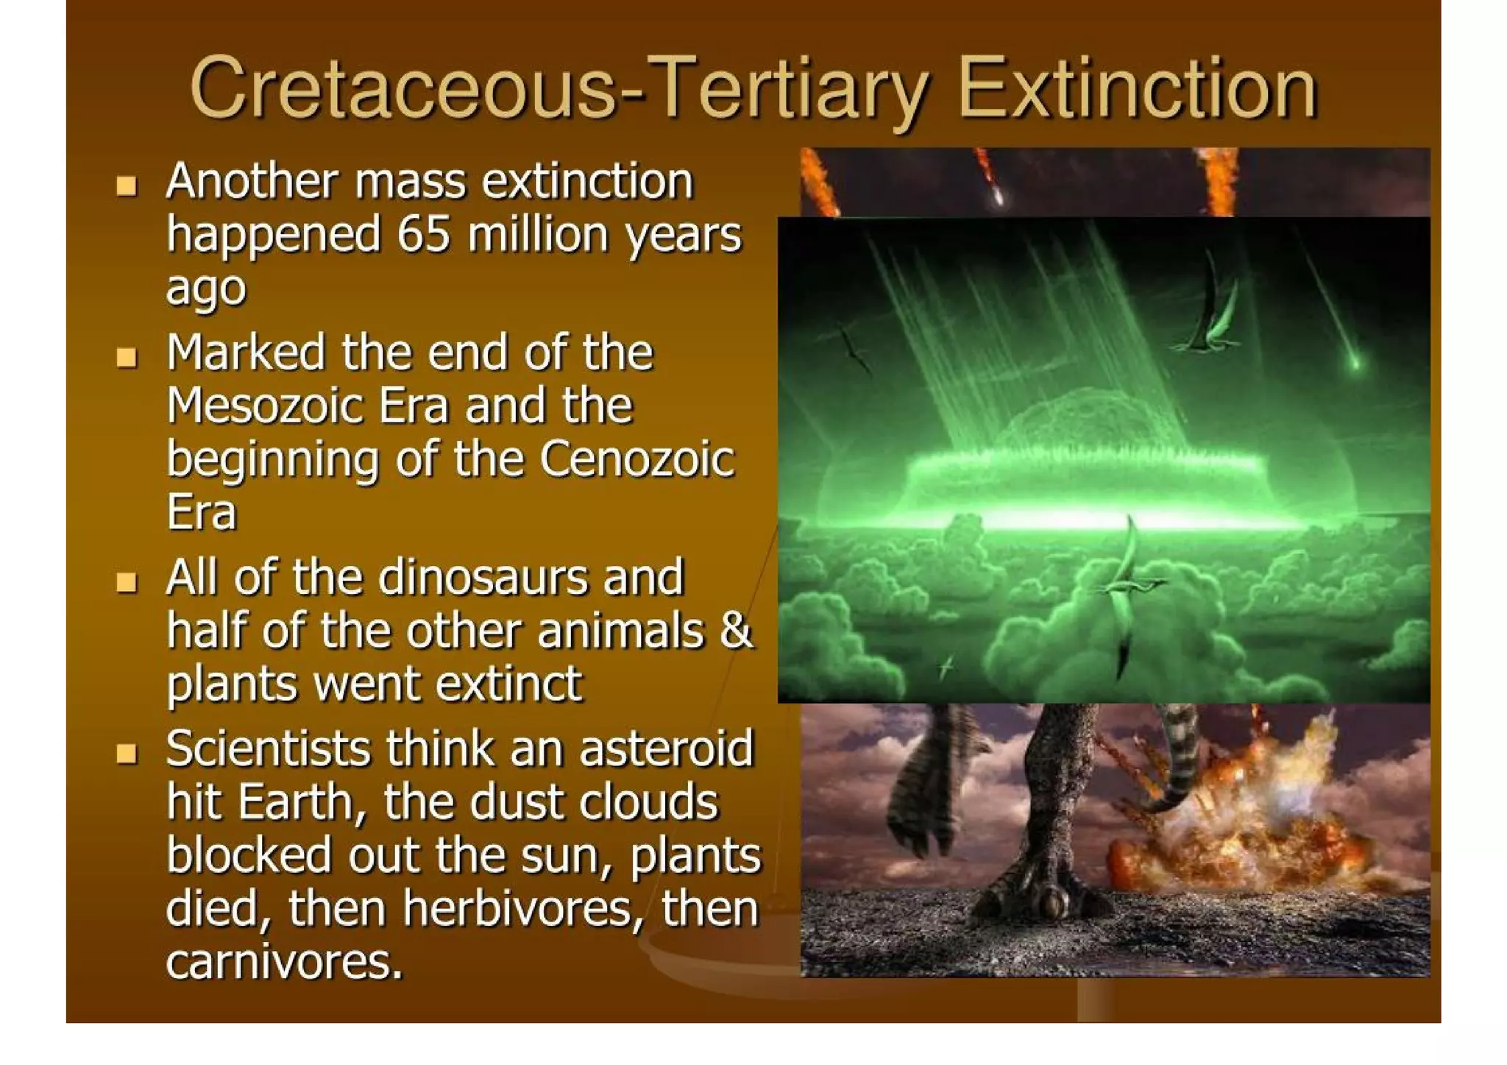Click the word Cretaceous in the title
[x=401, y=90]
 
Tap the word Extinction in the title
[x=1137, y=90]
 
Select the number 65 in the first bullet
[x=423, y=235]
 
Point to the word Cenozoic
[x=637, y=459]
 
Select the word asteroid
[x=666, y=749]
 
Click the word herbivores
[x=518, y=908]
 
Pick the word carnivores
[x=284, y=962]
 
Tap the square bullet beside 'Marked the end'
[x=127, y=358]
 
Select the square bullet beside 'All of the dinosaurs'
[x=127, y=583]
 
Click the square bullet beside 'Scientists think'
[x=127, y=754]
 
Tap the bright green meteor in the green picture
[x=1354, y=361]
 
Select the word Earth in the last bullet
[x=296, y=802]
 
